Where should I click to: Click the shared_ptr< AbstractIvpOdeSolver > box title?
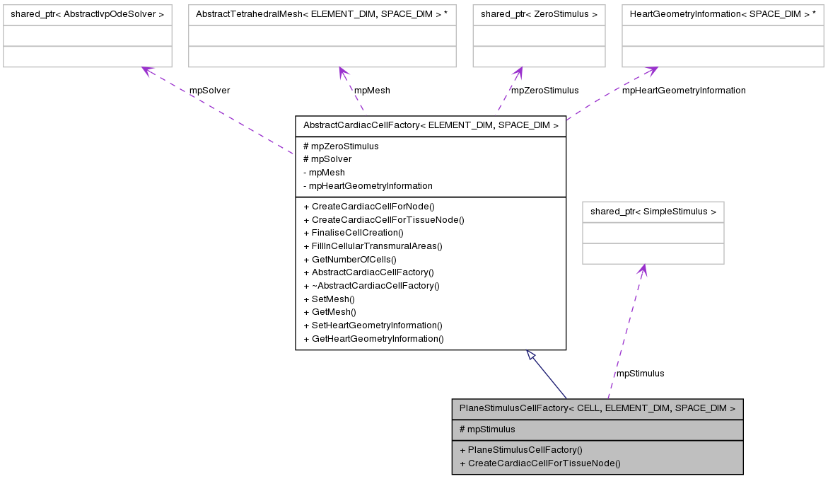(x=87, y=14)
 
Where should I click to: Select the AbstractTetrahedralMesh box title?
(x=322, y=14)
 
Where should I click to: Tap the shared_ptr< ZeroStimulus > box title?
(x=539, y=14)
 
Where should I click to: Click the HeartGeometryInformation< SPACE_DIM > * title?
(x=722, y=14)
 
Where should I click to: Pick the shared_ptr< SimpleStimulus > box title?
(x=653, y=212)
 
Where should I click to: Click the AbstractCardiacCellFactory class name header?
(x=431, y=126)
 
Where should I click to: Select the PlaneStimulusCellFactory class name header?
(x=597, y=408)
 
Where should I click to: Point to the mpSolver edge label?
(x=209, y=91)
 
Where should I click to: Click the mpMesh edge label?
(x=372, y=91)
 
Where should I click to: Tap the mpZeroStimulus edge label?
(x=544, y=91)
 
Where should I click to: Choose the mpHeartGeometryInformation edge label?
(x=683, y=91)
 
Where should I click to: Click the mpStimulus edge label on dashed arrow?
(x=640, y=374)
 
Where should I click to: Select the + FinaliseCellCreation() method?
(x=354, y=233)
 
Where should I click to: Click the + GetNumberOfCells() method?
(x=349, y=260)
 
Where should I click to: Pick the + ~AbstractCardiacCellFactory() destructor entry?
(x=371, y=286)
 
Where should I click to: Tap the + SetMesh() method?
(x=330, y=299)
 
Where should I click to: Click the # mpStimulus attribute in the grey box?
(x=487, y=429)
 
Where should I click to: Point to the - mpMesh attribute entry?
(x=324, y=173)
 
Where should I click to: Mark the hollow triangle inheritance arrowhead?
(x=531, y=354)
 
